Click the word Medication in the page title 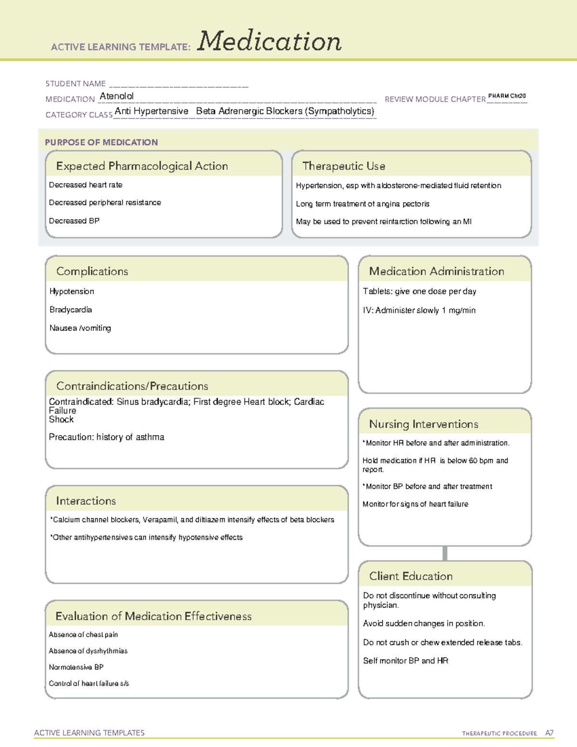point(269,41)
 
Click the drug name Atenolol point(116,96)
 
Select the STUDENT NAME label point(75,84)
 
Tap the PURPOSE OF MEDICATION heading point(101,142)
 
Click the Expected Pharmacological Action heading point(142,166)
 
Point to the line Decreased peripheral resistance point(105,203)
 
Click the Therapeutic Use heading point(344,166)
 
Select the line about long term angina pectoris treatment point(363,204)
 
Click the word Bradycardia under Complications point(71,310)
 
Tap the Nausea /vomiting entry point(80,328)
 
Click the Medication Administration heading point(437,271)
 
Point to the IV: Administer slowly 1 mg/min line point(419,310)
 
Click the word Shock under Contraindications point(61,419)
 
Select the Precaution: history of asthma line point(106,437)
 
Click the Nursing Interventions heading point(424,424)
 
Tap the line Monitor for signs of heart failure point(415,504)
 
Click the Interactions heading point(86,501)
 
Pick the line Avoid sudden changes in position point(424,623)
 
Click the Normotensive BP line point(76,667)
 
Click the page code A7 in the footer point(549,733)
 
